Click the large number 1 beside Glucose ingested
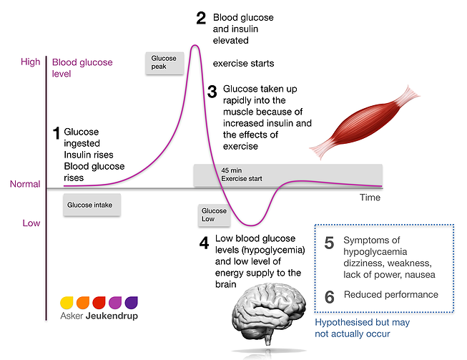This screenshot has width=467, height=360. (x=56, y=133)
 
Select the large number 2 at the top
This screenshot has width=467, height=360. (x=201, y=18)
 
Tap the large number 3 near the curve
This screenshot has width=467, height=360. (x=212, y=92)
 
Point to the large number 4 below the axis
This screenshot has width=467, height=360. (x=204, y=244)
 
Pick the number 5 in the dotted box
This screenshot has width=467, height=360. (x=329, y=243)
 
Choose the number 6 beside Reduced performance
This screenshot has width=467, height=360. (x=329, y=296)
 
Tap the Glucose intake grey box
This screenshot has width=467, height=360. (x=89, y=205)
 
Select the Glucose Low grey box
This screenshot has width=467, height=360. (x=214, y=215)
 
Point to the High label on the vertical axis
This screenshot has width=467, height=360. (x=31, y=62)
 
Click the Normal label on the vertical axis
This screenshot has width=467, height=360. (x=25, y=185)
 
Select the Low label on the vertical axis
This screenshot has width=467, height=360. (x=31, y=223)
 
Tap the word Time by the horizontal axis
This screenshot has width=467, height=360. (x=370, y=198)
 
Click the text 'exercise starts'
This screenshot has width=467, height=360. (x=243, y=64)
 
